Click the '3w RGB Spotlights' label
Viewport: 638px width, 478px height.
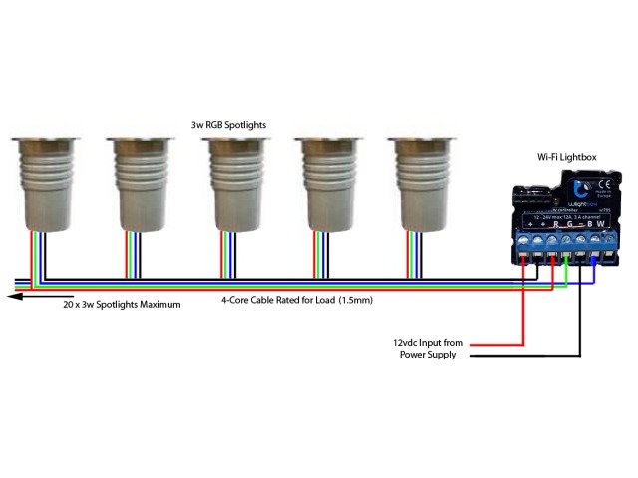point(228,125)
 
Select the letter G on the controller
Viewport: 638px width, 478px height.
point(569,223)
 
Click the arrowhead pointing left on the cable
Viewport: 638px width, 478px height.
point(10,294)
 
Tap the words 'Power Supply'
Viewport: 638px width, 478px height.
point(429,354)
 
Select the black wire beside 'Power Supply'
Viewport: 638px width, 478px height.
point(518,355)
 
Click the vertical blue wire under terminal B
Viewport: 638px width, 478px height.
point(594,270)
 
